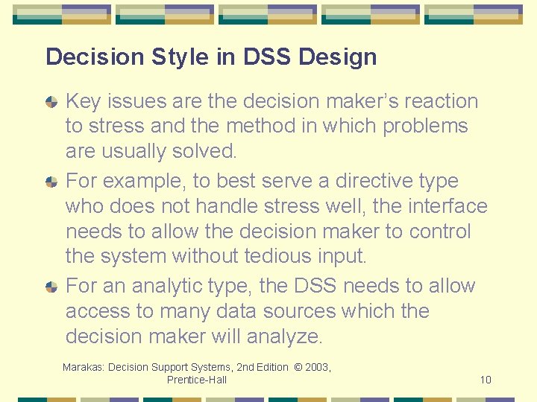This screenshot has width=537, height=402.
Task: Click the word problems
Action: tap(425, 126)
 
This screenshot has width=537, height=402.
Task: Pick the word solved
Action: tap(204, 151)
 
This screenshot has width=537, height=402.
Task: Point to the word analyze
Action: tap(287, 336)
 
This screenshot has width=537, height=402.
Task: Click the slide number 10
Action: tap(486, 380)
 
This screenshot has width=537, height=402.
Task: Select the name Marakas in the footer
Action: tap(85, 367)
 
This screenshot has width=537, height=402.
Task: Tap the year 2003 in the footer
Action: tap(316, 367)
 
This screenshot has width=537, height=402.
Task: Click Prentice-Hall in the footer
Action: tap(197, 380)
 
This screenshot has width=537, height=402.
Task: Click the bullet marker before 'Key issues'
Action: tap(51, 101)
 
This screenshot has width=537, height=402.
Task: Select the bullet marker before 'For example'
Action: tap(51, 181)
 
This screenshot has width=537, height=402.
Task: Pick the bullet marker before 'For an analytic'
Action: tap(51, 286)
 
